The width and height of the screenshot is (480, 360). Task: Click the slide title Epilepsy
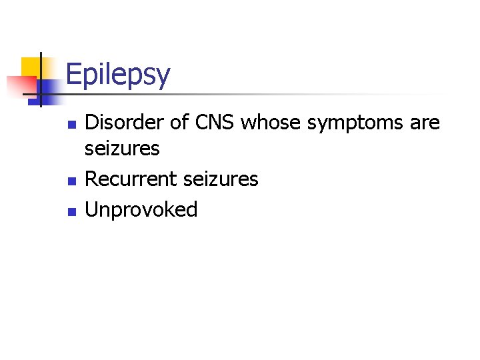pyautogui.click(x=118, y=75)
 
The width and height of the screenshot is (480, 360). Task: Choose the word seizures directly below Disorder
pyautogui.click(x=123, y=148)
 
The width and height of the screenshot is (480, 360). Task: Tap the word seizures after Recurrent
pyautogui.click(x=217, y=179)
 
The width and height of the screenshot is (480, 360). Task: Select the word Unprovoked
pyautogui.click(x=141, y=210)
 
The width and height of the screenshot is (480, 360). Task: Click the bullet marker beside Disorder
pyautogui.click(x=73, y=125)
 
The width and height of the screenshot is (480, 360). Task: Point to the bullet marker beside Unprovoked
pyautogui.click(x=73, y=212)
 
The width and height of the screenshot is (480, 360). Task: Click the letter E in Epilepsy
pyautogui.click(x=73, y=75)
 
